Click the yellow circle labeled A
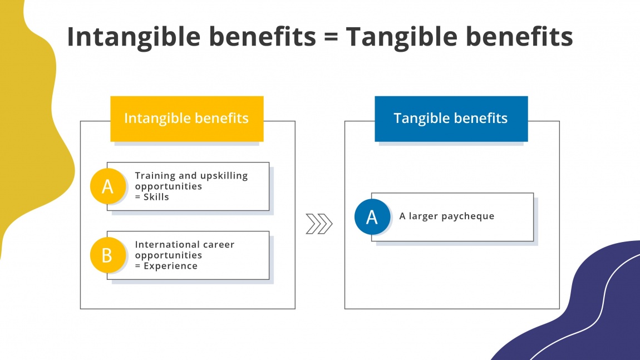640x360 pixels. pos(107,186)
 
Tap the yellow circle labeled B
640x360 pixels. pos(107,255)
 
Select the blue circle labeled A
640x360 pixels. pos(372,216)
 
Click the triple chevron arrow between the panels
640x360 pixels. pos(319,224)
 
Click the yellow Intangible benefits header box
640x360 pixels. pos(186,119)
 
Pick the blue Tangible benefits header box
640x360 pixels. pos(451,119)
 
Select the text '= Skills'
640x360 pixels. pos(152,197)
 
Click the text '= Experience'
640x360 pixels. pos(166,266)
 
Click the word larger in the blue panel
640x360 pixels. pos(423,216)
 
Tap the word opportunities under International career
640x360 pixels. pos(169,255)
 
